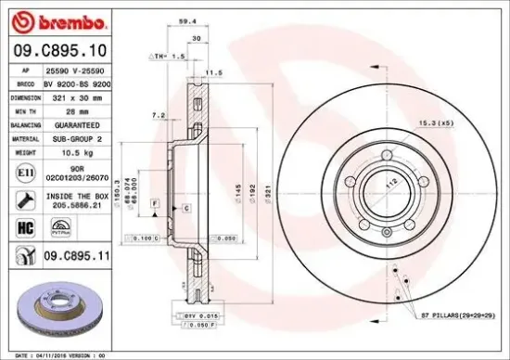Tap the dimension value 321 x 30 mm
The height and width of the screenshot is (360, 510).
click(x=77, y=96)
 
